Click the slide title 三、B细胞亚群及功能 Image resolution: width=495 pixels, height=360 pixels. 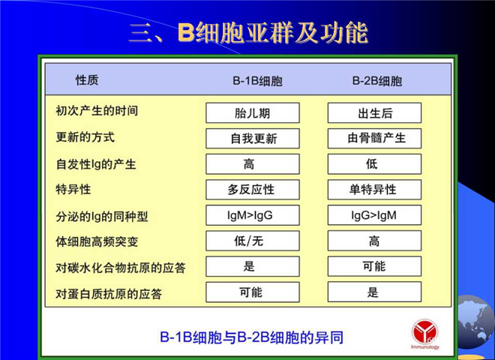click(x=248, y=33)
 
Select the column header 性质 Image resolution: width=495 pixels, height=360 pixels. click(x=87, y=80)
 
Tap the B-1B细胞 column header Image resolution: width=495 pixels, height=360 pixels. click(x=257, y=81)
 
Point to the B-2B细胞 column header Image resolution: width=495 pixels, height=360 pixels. click(x=377, y=81)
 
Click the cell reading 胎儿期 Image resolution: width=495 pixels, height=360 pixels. click(x=253, y=112)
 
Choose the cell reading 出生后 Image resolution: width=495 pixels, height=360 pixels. click(x=374, y=112)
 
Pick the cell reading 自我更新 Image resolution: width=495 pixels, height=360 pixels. click(x=253, y=138)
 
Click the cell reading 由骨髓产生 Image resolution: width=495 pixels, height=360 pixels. click(x=374, y=138)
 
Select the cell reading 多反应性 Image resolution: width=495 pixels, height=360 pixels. click(x=253, y=190)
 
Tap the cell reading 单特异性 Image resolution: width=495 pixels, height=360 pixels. click(x=374, y=190)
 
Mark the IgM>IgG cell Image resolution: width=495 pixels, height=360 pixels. click(x=253, y=215)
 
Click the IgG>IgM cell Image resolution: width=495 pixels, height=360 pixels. click(x=374, y=215)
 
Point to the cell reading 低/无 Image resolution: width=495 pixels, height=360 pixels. click(x=253, y=241)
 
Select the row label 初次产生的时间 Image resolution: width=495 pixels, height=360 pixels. click(x=97, y=111)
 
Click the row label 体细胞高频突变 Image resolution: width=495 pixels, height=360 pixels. click(x=97, y=242)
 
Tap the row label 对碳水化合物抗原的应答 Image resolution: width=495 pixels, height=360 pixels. click(x=121, y=268)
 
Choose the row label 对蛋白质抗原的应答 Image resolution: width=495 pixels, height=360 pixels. click(x=109, y=294)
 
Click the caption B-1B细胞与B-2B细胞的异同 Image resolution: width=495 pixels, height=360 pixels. click(x=251, y=337)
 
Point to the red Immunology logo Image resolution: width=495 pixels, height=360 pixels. click(x=425, y=334)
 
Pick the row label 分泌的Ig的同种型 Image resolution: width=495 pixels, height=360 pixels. click(x=102, y=216)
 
